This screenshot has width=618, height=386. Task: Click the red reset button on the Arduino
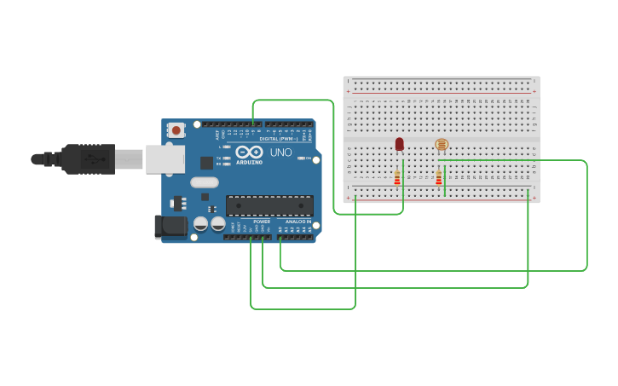click(176, 130)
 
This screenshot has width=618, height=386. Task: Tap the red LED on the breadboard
click(399, 144)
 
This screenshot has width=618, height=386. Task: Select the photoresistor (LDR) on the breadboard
click(441, 145)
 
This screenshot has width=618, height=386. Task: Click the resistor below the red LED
click(397, 178)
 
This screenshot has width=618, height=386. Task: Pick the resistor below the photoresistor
click(439, 178)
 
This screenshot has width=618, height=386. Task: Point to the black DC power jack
click(170, 226)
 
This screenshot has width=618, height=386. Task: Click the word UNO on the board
click(281, 153)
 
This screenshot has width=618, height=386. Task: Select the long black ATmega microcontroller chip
click(269, 205)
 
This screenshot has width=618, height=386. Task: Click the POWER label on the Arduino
click(262, 222)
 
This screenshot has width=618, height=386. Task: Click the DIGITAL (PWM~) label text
click(278, 138)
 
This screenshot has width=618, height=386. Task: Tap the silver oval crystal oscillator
click(205, 181)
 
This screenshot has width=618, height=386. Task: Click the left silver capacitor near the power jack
click(201, 224)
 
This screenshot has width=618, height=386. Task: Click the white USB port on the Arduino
click(165, 158)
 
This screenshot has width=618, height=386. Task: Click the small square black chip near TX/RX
click(206, 162)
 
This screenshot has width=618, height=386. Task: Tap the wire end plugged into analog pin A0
click(280, 238)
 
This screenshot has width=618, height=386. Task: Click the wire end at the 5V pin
click(251, 238)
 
